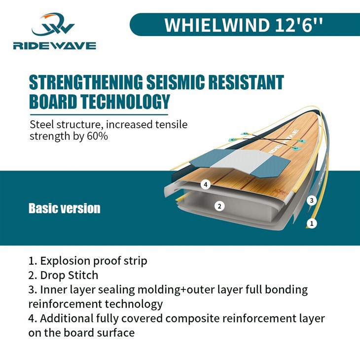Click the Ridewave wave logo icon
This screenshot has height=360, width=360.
pyautogui.click(x=53, y=24)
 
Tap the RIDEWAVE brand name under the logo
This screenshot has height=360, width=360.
pyautogui.click(x=55, y=46)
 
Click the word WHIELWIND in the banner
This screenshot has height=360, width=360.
pyautogui.click(x=217, y=25)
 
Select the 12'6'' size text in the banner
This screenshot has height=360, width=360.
pyautogui.click(x=299, y=25)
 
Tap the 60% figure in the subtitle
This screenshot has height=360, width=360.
pyautogui.click(x=97, y=136)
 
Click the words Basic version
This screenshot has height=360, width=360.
pyautogui.click(x=65, y=208)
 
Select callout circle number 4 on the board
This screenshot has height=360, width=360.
pyautogui.click(x=206, y=184)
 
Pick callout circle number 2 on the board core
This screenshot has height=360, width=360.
pyautogui.click(x=219, y=206)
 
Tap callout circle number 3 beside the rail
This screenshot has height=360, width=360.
pyautogui.click(x=312, y=200)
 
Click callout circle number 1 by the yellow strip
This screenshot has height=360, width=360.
pyautogui.click(x=312, y=223)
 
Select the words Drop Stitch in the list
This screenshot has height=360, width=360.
pyautogui.click(x=70, y=275)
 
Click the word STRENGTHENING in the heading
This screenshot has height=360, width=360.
pyautogui.click(x=86, y=82)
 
